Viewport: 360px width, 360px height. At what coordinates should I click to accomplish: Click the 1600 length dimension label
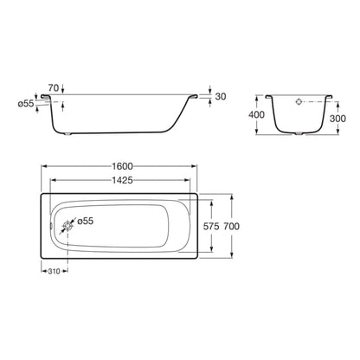[x=122, y=166]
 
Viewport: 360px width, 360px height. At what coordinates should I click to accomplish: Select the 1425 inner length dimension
[x=122, y=180]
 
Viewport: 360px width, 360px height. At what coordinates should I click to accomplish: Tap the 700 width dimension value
[x=231, y=226]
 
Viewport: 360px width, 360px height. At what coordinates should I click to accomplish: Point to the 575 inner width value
[x=211, y=226]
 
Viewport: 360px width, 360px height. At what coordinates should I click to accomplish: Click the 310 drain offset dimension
[x=54, y=271]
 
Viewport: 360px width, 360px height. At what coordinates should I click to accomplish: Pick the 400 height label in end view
[x=256, y=115]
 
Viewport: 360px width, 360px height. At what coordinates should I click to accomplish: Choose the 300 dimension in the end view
[x=337, y=119]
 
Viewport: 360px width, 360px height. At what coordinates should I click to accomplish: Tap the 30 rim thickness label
[x=221, y=96]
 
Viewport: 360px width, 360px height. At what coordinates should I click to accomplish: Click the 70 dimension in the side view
[x=54, y=87]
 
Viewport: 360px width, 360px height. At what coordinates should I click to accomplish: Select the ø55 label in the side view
[x=26, y=104]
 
